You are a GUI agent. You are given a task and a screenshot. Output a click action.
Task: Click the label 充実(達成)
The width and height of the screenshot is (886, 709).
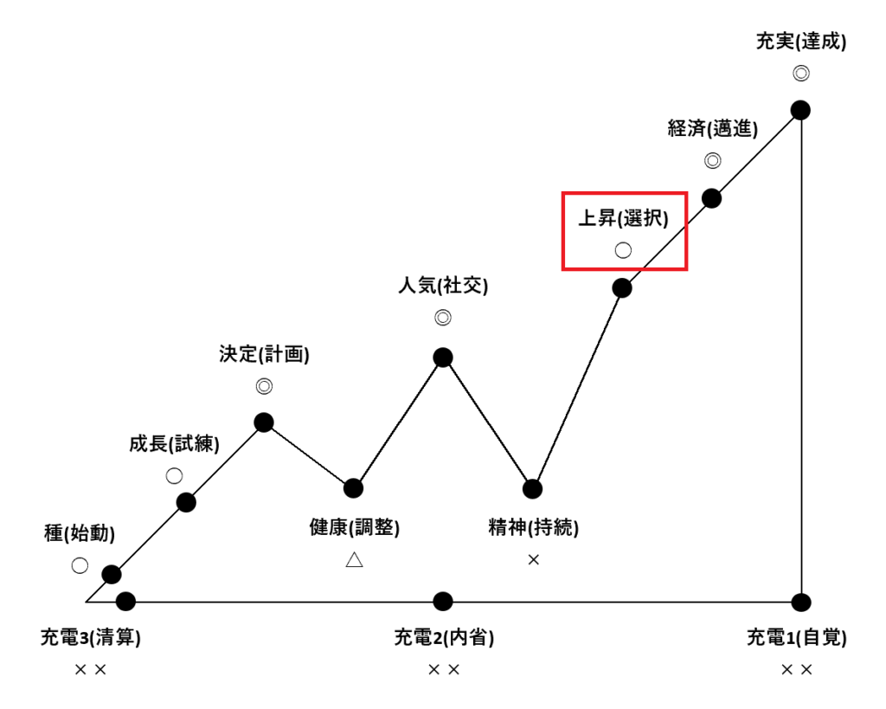800,41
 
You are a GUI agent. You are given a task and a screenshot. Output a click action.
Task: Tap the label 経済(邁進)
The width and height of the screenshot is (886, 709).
712,129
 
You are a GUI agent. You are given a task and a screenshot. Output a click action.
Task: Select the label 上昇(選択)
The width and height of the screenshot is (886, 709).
623,218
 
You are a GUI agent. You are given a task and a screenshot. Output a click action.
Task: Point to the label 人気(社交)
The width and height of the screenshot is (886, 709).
443,285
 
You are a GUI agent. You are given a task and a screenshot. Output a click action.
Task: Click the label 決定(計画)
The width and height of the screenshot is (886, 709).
264,354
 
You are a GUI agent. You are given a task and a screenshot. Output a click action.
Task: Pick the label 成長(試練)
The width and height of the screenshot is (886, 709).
174,444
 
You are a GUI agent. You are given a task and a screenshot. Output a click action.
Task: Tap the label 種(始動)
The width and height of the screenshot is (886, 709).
80,533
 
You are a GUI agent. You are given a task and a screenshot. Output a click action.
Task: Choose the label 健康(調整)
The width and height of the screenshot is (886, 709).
354,526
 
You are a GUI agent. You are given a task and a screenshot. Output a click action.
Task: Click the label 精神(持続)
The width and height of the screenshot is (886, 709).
533,526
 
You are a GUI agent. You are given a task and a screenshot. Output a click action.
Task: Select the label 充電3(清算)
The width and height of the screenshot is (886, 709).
90,638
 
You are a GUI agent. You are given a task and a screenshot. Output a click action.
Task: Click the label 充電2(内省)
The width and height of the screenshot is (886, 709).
443,638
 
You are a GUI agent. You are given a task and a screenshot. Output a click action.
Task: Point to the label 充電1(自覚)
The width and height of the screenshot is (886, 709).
797,638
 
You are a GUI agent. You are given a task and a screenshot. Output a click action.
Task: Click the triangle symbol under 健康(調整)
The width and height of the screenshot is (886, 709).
354,560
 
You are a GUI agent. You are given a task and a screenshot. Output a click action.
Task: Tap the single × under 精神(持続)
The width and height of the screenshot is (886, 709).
533,560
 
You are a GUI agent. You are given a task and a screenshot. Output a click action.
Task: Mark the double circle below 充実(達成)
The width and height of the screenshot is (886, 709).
800,74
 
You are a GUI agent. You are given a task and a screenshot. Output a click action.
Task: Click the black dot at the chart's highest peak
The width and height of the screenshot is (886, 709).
800,110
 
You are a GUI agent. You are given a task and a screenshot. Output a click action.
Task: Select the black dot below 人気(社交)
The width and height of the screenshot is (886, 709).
443,358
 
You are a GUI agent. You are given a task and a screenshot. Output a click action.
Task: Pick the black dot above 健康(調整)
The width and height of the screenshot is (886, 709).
353,488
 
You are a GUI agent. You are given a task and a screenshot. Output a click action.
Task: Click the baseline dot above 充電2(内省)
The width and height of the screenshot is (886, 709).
443,601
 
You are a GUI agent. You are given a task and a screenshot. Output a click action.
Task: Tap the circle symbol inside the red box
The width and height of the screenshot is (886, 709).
623,250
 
